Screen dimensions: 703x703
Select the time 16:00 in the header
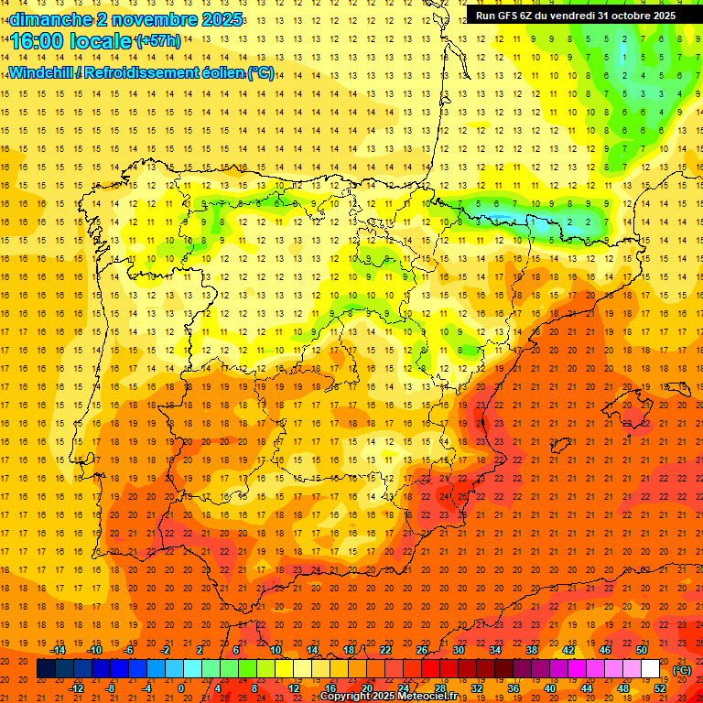(x=38, y=41)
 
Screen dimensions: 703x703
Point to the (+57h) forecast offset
(x=157, y=41)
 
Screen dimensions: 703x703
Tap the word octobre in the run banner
(x=626, y=16)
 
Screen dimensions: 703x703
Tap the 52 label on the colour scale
(x=660, y=687)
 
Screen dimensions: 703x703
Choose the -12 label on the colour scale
(x=77, y=687)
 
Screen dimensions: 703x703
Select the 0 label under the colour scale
(x=181, y=687)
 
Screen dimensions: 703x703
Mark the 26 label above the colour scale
(x=422, y=650)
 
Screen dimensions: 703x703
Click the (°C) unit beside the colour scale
(x=681, y=669)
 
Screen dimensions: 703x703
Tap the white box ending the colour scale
(x=650, y=669)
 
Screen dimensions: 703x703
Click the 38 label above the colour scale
(x=532, y=650)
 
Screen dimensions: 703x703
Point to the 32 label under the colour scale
(x=477, y=687)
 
